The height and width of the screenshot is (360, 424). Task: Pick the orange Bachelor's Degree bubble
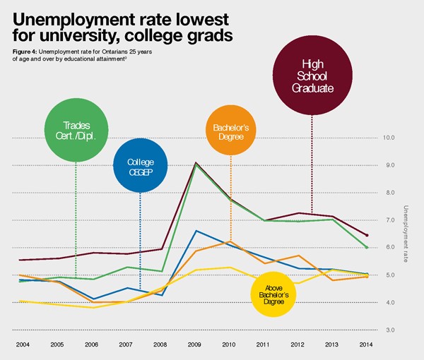[231, 132]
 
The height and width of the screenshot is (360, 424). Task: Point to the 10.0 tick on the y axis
[388, 137]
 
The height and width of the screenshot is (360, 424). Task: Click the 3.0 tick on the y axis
[388, 330]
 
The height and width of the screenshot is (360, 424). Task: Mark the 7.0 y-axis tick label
[388, 220]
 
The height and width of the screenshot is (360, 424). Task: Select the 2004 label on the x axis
[23, 344]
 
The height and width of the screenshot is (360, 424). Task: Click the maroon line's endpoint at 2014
[367, 235]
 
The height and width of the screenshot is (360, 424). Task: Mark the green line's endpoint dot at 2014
[367, 247]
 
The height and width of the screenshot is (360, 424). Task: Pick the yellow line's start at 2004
[20, 301]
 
